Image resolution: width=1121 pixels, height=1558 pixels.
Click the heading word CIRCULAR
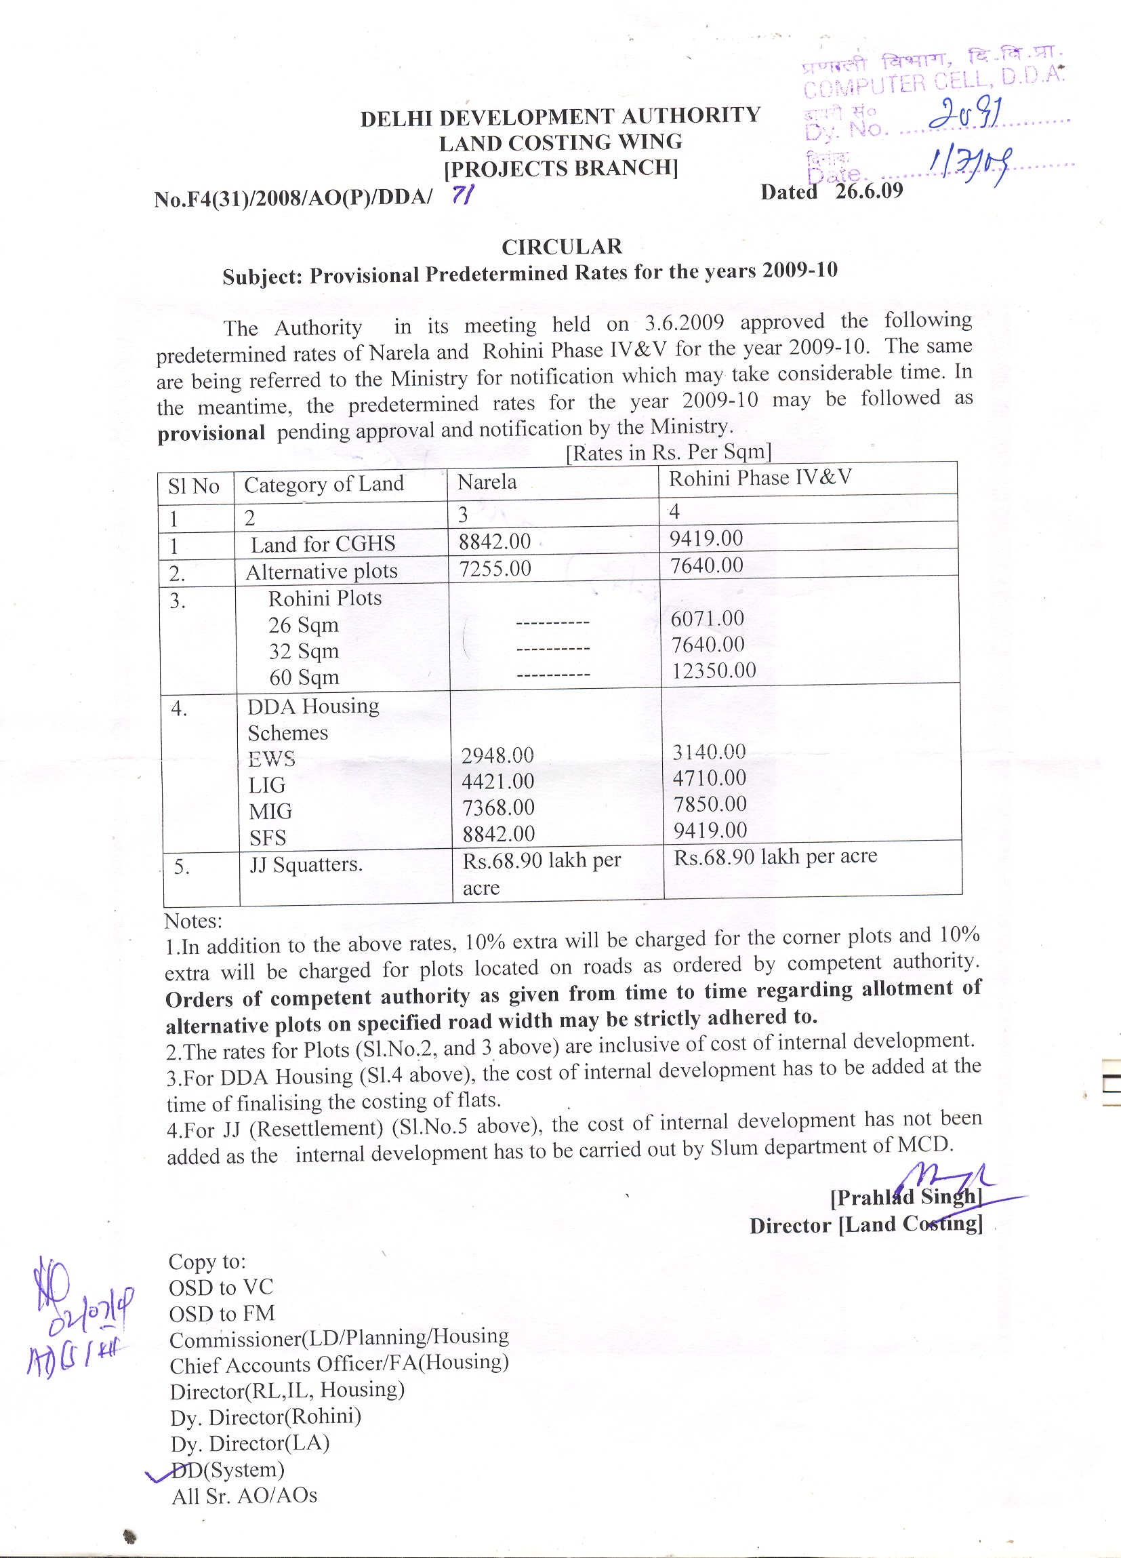(561, 247)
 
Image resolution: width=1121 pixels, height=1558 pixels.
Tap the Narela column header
(487, 482)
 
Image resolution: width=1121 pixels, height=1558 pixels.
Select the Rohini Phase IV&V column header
(760, 478)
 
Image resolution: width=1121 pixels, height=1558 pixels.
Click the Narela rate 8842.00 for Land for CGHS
(495, 542)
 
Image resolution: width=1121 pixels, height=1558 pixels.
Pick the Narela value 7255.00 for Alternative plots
(495, 569)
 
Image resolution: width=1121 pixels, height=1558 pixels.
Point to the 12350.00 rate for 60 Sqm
(713, 671)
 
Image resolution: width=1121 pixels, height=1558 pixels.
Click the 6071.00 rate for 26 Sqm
(707, 619)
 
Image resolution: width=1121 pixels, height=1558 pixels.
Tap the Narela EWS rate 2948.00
(497, 756)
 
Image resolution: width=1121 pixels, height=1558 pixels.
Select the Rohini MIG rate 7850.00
(710, 804)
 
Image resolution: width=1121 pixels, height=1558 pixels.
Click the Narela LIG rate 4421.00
(497, 782)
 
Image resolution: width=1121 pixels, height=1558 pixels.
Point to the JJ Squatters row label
(306, 864)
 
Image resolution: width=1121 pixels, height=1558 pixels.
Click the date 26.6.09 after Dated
(868, 191)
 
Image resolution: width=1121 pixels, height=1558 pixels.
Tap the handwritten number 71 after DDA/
(462, 196)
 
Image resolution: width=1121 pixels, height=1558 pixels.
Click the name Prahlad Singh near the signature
(906, 1197)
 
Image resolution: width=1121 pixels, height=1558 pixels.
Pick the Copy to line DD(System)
(227, 1469)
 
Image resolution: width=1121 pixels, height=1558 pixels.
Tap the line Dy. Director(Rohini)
(266, 1416)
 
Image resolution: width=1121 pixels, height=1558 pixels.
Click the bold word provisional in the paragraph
(211, 433)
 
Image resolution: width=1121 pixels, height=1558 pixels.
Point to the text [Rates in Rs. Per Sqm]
(668, 452)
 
